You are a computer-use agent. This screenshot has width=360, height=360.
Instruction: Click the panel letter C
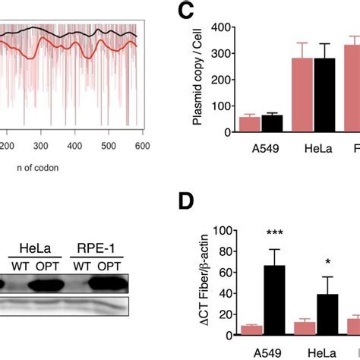coord(186,13)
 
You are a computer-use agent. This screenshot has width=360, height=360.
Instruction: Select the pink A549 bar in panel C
coord(249,125)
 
